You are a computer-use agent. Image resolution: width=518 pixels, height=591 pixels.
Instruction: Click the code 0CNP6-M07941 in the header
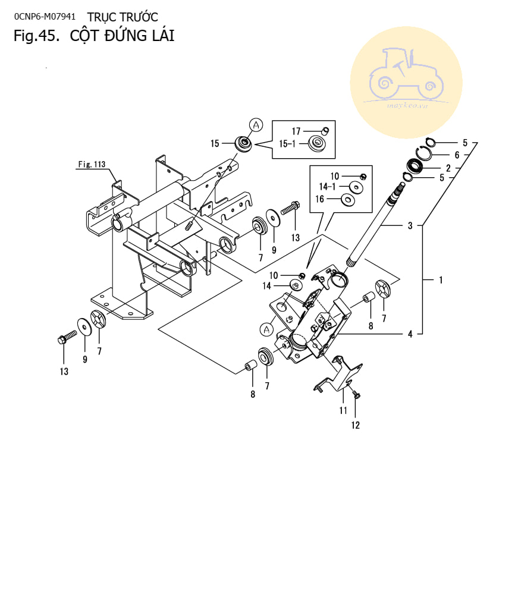tap(45, 17)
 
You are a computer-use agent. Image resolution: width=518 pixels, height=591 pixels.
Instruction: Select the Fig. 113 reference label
tap(92, 164)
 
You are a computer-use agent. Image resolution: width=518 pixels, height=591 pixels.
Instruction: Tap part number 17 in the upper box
tap(296, 131)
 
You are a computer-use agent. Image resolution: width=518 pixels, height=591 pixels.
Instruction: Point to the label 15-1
tap(287, 144)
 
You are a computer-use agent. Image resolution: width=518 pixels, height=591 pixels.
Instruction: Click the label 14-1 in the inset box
tap(327, 187)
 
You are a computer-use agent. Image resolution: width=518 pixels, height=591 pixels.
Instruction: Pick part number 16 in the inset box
tap(320, 199)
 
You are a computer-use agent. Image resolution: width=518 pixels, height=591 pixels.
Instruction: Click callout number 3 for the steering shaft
tap(410, 226)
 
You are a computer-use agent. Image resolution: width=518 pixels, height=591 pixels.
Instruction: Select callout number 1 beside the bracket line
tap(441, 280)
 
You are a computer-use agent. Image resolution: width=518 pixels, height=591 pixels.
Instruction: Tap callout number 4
tap(410, 334)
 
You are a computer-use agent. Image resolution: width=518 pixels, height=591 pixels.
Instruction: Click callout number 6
tap(457, 155)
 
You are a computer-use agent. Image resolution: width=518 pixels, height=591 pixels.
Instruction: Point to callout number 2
tap(448, 168)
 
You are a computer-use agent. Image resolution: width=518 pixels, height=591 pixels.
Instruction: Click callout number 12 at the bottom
tap(356, 425)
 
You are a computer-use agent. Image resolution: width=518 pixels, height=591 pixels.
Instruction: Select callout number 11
tap(343, 410)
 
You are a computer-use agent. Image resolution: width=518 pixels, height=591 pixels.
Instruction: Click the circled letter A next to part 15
tap(256, 125)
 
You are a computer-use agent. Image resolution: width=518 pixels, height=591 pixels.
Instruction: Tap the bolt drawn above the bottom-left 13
tap(67, 337)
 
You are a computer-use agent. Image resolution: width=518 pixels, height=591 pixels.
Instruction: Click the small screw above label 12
tap(356, 394)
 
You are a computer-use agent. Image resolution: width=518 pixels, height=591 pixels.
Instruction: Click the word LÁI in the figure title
tap(163, 36)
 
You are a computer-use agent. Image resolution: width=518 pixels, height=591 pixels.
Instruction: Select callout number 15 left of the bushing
tap(215, 144)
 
